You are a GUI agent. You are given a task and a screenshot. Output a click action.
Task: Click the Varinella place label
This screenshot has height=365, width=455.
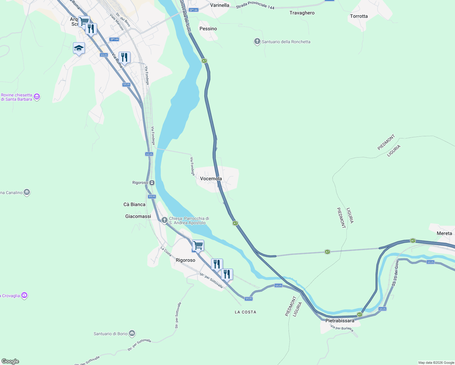point(220,5)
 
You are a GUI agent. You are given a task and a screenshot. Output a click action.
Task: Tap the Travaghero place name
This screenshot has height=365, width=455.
point(302,13)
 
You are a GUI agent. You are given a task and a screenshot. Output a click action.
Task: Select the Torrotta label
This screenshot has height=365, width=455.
point(359,16)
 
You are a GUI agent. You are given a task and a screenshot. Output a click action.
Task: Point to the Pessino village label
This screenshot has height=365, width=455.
point(208,29)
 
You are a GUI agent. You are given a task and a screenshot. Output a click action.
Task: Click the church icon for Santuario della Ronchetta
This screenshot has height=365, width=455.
point(257,42)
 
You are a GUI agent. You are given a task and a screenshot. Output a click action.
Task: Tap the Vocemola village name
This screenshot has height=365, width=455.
point(211,179)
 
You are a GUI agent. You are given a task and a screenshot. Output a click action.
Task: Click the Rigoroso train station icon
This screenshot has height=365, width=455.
point(152,182)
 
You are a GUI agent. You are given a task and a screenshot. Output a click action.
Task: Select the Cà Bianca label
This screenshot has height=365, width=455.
point(134,204)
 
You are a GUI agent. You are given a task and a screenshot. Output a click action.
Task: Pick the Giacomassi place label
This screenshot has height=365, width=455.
point(138,216)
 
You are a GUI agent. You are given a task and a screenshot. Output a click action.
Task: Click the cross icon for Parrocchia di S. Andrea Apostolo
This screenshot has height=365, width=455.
point(164,220)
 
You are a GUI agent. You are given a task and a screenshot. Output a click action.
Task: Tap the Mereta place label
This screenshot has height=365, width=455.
point(444,233)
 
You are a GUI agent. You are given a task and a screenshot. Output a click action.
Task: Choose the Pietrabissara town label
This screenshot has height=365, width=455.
point(340,321)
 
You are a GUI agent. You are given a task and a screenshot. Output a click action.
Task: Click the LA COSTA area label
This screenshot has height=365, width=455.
point(245,312)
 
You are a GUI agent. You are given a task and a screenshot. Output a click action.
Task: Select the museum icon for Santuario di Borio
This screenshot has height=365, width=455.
point(132,334)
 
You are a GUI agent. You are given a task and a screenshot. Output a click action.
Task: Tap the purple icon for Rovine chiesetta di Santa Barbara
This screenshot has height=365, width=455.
point(37,97)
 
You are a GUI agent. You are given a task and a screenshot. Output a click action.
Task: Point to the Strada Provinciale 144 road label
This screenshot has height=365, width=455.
point(255,5)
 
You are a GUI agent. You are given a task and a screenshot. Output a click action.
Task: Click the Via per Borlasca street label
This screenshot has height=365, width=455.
point(342,328)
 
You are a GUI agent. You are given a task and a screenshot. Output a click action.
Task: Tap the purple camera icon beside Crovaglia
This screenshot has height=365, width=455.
point(24,295)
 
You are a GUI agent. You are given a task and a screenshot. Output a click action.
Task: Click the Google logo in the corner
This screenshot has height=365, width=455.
point(10,361)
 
